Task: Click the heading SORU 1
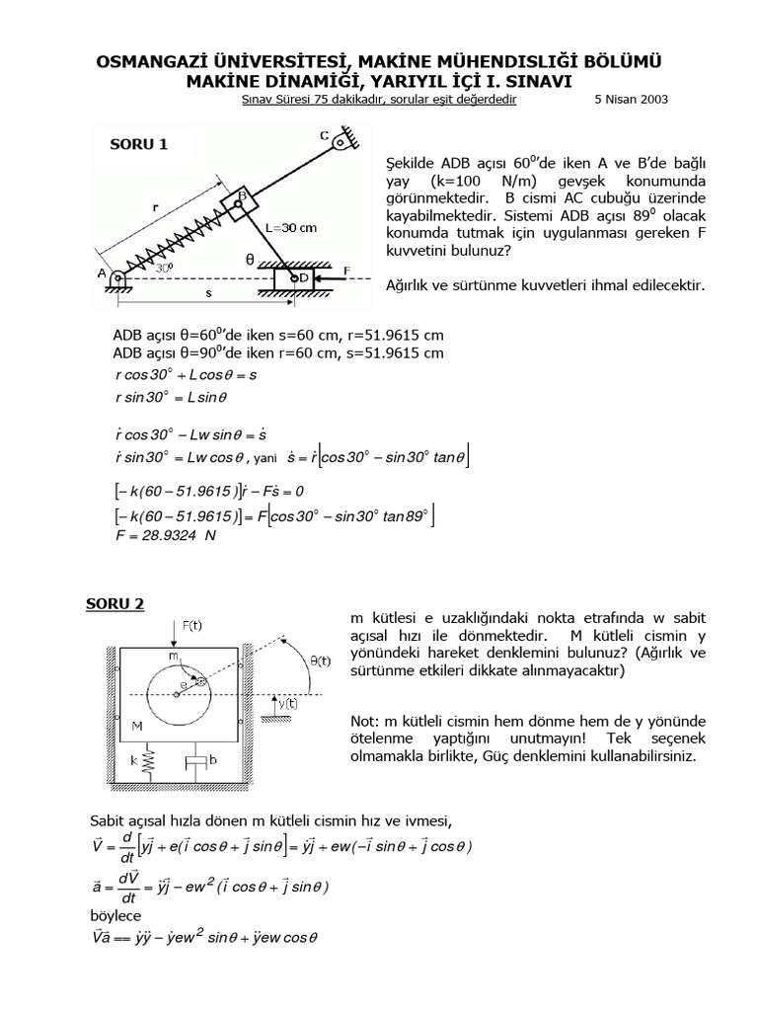coord(138,144)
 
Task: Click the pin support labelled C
coord(341,144)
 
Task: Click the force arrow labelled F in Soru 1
coord(336,279)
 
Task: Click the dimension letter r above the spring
coord(156,207)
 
